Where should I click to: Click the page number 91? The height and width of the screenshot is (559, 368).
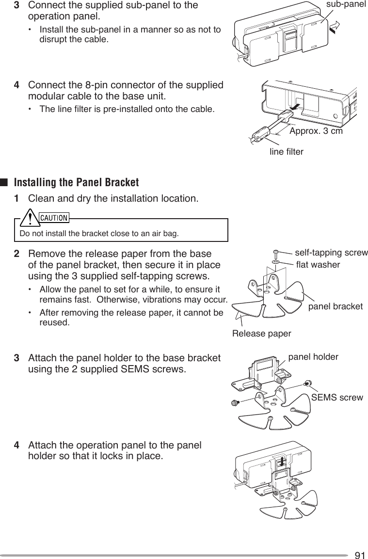tap(360, 555)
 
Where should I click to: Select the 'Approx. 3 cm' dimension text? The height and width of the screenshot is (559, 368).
tap(316, 131)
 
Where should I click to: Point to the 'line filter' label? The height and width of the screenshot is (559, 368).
tap(286, 152)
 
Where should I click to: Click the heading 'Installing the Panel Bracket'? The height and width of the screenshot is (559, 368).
tap(76, 183)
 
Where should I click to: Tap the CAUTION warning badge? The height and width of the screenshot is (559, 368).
tap(54, 218)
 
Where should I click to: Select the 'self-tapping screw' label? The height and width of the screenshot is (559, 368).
tap(331, 253)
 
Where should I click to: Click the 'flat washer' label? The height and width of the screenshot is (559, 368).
tap(318, 264)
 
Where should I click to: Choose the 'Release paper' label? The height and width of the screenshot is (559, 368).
tap(262, 334)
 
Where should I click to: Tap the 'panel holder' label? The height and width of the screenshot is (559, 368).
tap(313, 357)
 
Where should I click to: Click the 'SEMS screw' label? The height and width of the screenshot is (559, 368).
tap(336, 398)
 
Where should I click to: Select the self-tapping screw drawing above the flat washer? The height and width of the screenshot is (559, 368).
tap(276, 253)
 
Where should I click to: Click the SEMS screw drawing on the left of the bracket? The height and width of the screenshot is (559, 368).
tap(235, 403)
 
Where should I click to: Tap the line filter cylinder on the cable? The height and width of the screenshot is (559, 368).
tap(263, 131)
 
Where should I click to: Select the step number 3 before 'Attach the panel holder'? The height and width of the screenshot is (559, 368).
tap(17, 359)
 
